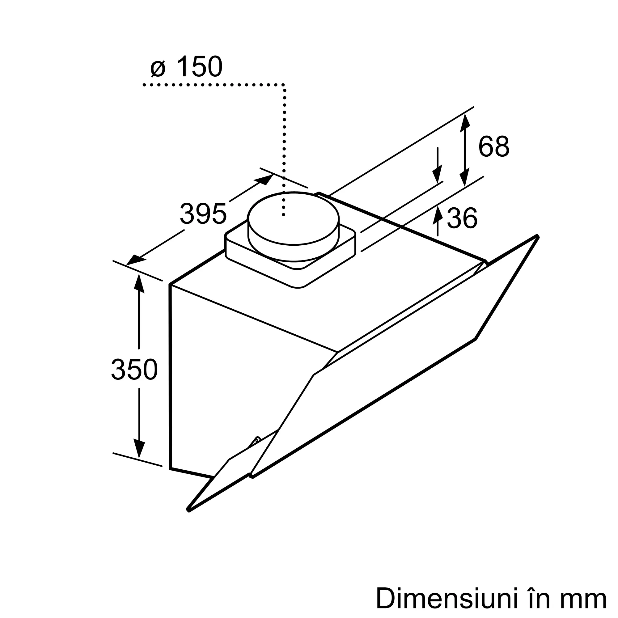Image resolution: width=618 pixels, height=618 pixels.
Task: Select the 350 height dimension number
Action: point(134,370)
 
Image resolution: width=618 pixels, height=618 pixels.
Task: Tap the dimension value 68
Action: point(493,146)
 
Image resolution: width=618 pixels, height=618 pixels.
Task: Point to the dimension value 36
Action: point(462,218)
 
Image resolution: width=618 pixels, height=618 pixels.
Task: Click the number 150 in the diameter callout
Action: point(199,66)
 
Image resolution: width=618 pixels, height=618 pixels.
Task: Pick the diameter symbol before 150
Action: point(158,69)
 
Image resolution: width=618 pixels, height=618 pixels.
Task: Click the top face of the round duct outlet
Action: point(293,218)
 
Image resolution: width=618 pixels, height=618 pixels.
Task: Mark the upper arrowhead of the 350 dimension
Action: point(139,283)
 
